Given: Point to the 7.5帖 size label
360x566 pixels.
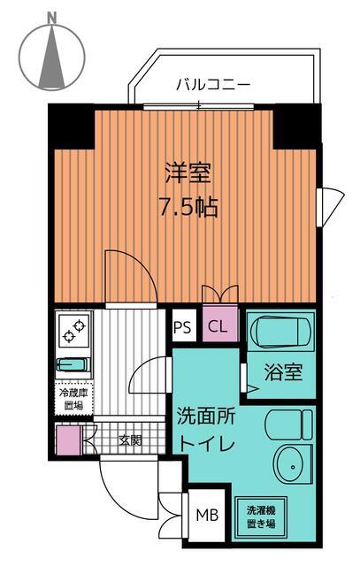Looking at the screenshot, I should point(188,209).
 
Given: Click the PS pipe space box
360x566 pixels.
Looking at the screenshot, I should point(182,327).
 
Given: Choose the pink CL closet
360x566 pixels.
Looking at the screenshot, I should point(218,327).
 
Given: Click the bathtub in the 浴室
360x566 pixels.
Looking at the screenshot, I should point(282,335).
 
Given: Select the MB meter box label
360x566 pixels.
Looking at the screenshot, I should point(208,514).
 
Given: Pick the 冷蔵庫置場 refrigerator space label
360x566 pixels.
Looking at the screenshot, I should point(73,399).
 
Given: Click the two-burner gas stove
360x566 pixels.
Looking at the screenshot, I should point(73,331).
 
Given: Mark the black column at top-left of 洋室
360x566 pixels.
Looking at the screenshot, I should point(71,125).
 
